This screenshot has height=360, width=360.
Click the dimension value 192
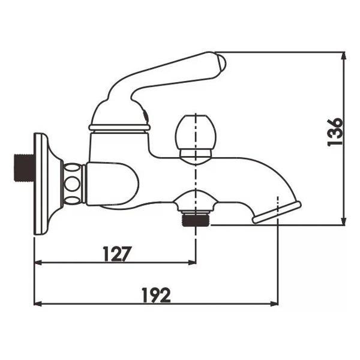pyautogui.click(x=157, y=295)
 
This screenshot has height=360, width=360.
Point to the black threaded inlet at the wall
pyautogui.click(x=22, y=169)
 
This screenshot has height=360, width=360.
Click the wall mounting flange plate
pyautogui.click(x=41, y=184)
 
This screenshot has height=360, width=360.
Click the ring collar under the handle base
pyautogui.click(x=119, y=127)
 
